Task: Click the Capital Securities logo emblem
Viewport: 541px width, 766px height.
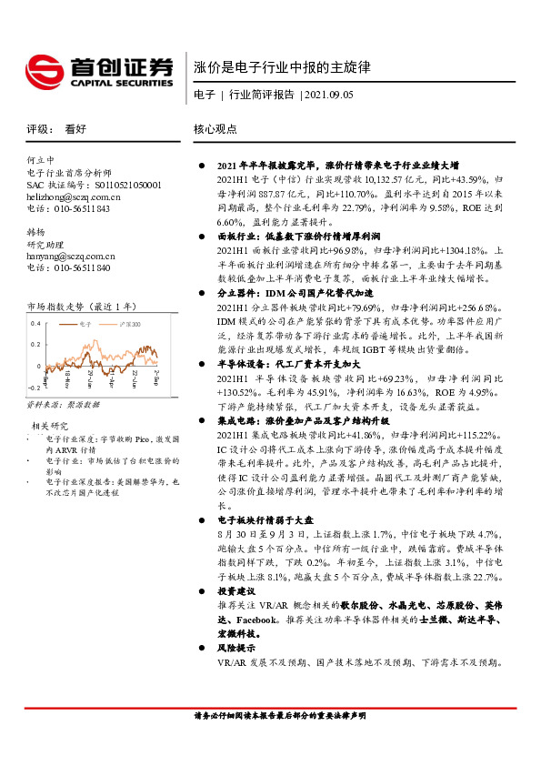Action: pos(44,70)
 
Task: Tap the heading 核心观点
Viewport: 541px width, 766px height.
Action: pos(215,130)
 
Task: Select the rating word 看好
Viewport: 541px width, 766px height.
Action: pos(75,130)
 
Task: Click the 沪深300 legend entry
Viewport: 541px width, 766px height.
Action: pos(135,323)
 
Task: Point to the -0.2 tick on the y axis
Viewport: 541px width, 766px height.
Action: pos(34,386)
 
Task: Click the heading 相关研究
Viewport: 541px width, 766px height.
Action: pos(49,425)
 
